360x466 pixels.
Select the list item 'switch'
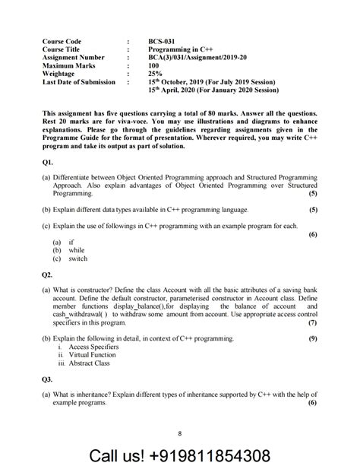tap(77, 258)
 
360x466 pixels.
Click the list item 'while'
tap(76, 249)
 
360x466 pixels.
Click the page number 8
tap(180, 433)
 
